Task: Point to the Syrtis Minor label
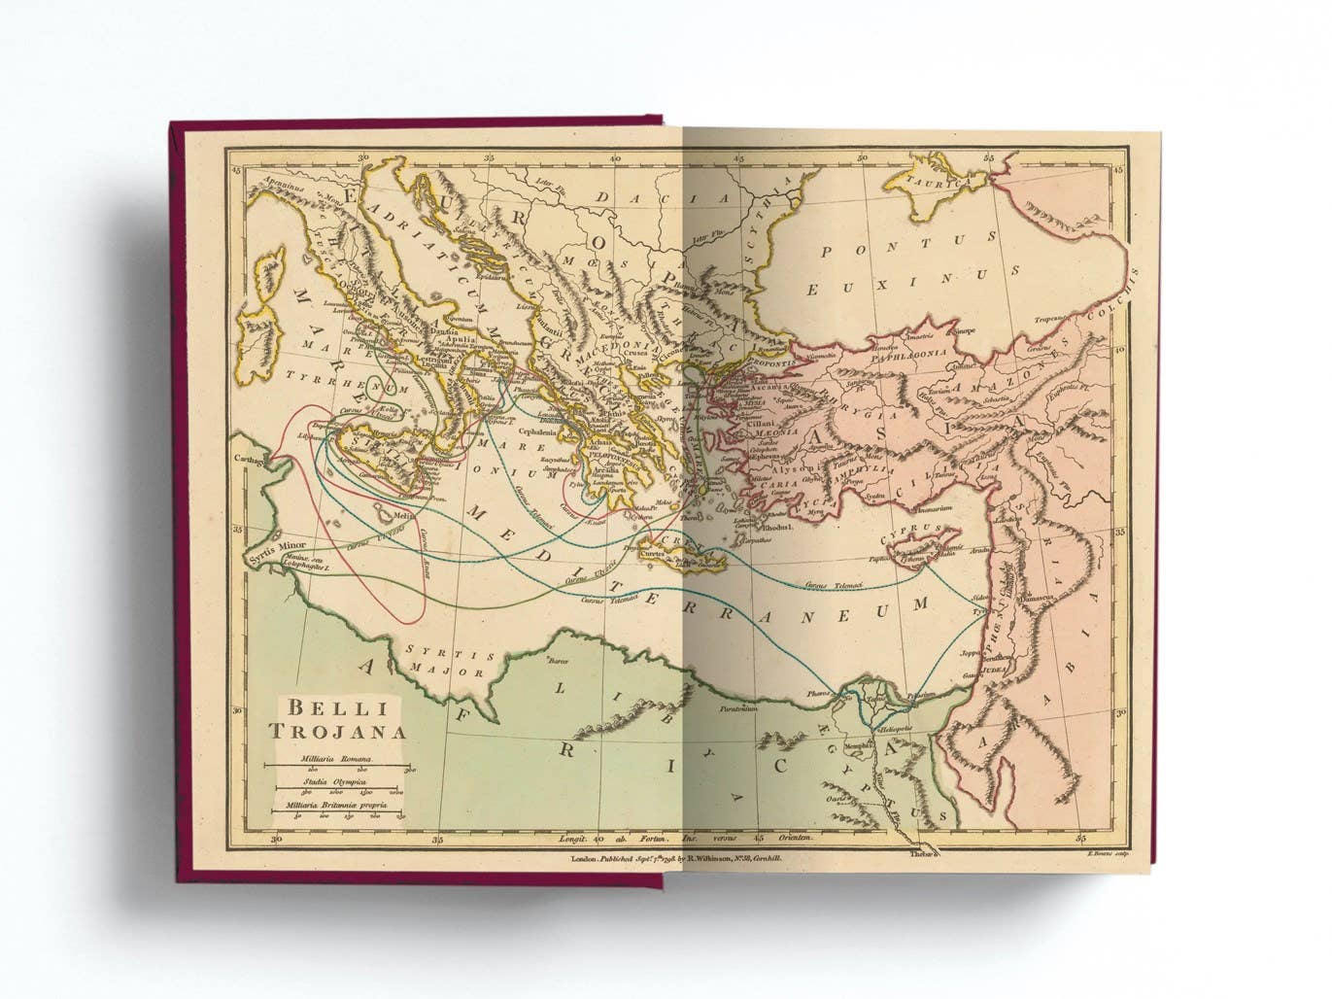[278, 546]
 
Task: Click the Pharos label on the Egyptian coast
[819, 695]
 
